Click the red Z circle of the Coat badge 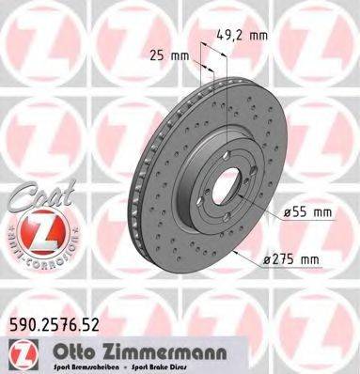click(x=34, y=227)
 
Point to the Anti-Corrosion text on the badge click(x=34, y=255)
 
